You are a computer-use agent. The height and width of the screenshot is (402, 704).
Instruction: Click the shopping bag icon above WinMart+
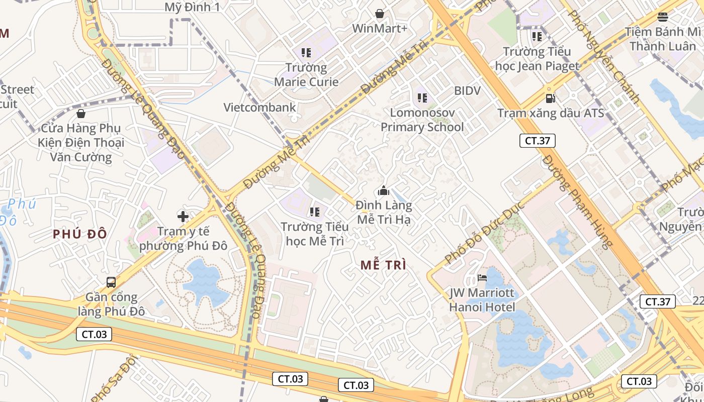coord(380,14)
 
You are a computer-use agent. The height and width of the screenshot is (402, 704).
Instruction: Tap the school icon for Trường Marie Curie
coord(306,52)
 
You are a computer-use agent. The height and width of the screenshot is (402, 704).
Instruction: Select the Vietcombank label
coord(260,107)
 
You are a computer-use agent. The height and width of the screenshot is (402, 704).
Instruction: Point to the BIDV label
coord(467,91)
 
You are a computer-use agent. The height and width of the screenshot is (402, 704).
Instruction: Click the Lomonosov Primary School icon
coord(422,97)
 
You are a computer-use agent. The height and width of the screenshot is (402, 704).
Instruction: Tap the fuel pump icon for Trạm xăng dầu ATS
coord(551,98)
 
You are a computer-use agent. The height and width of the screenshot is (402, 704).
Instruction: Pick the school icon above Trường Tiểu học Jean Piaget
coord(537,37)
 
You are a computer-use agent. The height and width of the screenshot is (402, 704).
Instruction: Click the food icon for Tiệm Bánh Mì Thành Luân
coord(663,17)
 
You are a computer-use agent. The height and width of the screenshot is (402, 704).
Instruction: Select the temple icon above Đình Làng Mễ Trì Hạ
coord(384,191)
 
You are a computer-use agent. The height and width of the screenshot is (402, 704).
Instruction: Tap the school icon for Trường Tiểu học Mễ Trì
coord(315,212)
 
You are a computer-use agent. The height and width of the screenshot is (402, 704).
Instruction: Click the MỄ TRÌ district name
coord(383,265)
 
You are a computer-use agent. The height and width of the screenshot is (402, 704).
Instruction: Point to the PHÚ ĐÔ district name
coord(80,234)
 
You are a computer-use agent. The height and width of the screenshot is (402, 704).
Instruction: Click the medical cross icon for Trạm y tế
coord(183,217)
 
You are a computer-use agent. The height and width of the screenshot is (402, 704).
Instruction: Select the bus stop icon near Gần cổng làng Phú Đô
coord(111,282)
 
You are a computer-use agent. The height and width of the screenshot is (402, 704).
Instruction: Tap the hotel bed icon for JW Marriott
coord(482,278)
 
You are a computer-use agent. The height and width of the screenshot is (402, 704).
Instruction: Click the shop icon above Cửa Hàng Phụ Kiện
coord(81,114)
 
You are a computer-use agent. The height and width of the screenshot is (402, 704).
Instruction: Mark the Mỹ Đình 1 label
coord(192,7)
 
